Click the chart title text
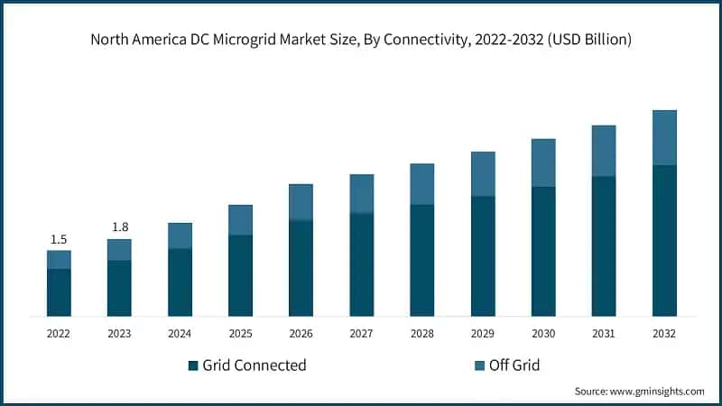click(361, 40)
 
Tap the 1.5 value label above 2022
click(59, 239)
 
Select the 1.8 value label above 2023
click(120, 227)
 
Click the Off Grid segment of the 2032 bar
click(664, 138)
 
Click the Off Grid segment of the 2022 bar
click(59, 260)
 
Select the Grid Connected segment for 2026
click(301, 268)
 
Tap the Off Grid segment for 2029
click(483, 174)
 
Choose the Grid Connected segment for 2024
click(180, 282)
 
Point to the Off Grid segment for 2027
click(362, 194)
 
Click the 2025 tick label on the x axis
click(240, 333)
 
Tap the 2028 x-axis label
click(421, 333)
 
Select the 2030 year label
click(542, 333)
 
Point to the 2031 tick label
click(603, 333)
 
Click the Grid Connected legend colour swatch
click(192, 365)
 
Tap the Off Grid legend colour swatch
click(478, 365)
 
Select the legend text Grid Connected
click(254, 365)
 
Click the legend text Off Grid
click(514, 365)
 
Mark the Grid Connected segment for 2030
click(543, 251)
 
